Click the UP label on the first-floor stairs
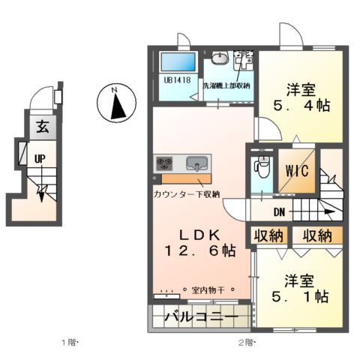tap(37, 158)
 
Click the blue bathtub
tap(177, 61)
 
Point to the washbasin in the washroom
tap(219, 59)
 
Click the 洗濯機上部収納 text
tap(226, 85)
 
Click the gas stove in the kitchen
tap(165, 163)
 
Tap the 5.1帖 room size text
tap(304, 295)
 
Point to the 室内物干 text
tap(209, 289)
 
